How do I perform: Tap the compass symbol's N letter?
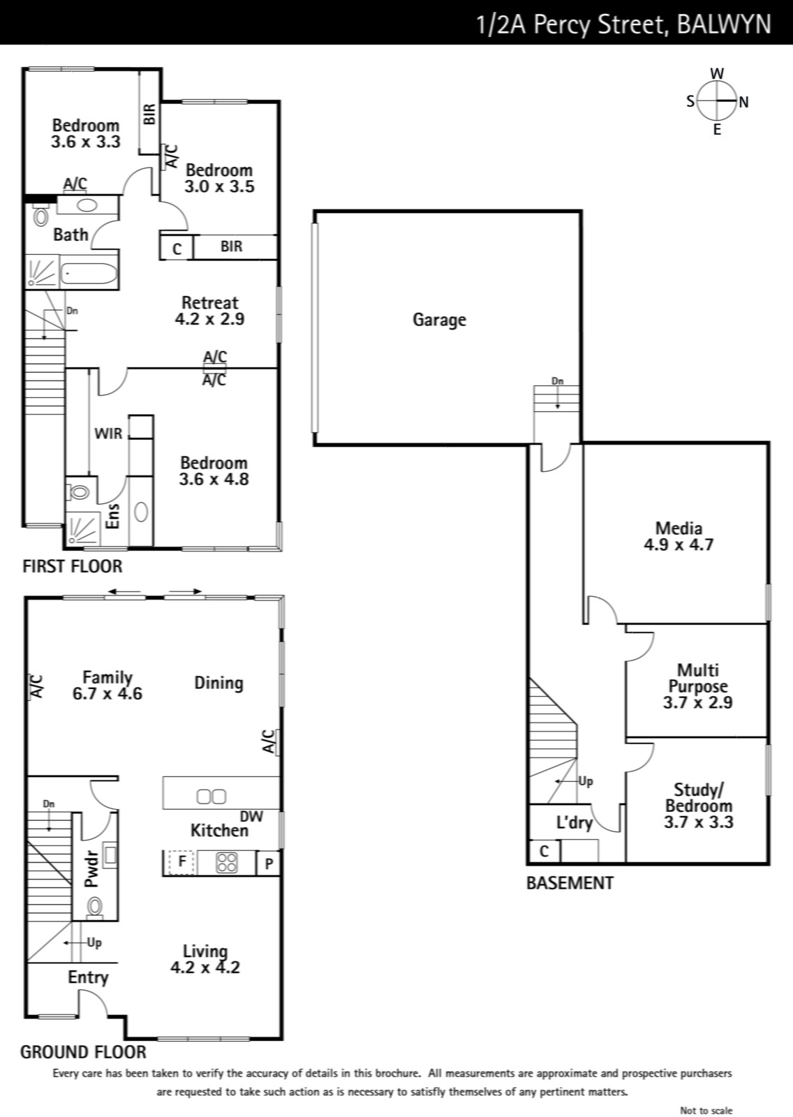(x=743, y=102)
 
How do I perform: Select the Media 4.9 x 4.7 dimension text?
(x=679, y=545)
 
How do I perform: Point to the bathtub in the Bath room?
(x=89, y=273)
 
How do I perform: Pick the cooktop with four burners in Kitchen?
(x=227, y=863)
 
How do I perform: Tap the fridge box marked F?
(x=182, y=861)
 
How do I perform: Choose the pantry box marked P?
(x=268, y=863)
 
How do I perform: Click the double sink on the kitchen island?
(x=212, y=797)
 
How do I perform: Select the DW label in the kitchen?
(x=251, y=816)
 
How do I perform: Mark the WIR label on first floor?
(x=108, y=434)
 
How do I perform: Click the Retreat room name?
(x=210, y=303)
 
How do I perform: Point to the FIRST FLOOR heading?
(x=73, y=566)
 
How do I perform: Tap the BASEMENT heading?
(x=570, y=883)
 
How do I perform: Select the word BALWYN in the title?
(x=724, y=24)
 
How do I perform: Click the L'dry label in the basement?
(x=575, y=822)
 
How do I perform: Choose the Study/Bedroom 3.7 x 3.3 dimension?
(x=698, y=822)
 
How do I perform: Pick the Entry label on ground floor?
(x=88, y=977)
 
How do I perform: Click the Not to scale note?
(x=706, y=1110)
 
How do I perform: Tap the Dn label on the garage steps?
(x=557, y=381)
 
